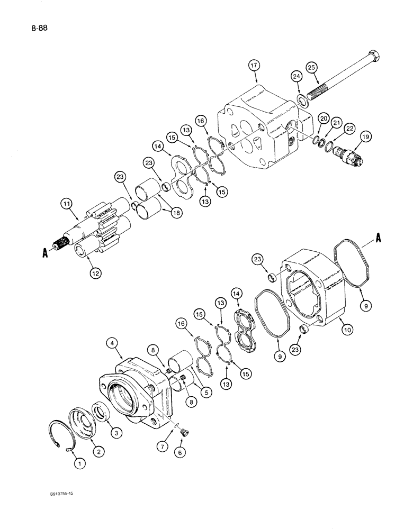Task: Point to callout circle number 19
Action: pyautogui.click(x=365, y=138)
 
